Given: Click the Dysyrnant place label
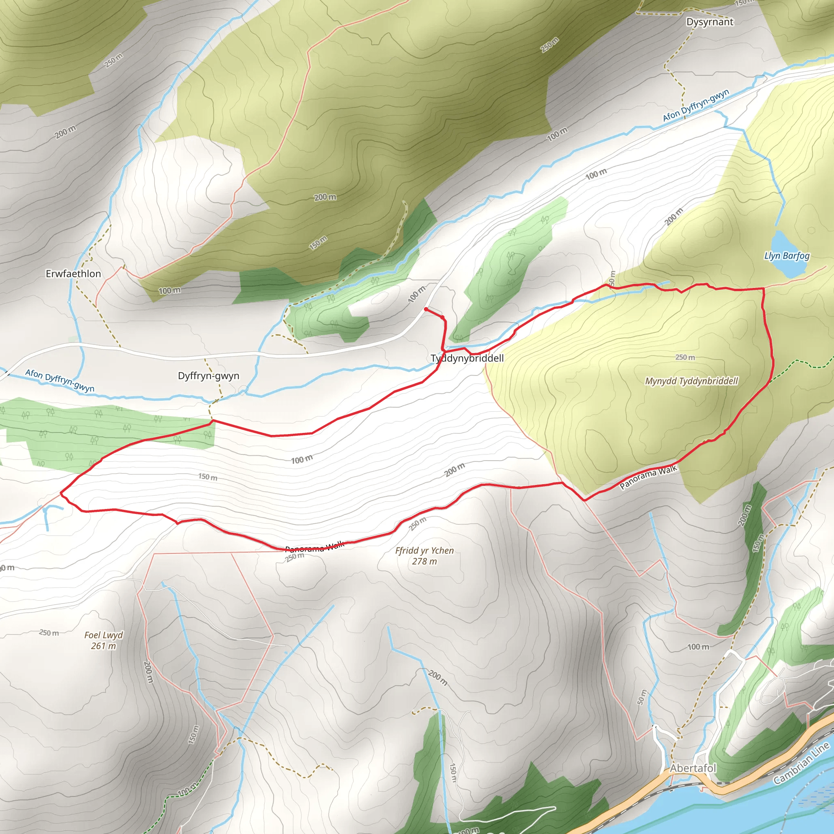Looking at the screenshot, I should coord(710,22).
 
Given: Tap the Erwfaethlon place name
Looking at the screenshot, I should coord(73,274).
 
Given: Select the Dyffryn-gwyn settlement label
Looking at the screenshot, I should coord(208,375).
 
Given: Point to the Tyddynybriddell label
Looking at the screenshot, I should coord(467,358).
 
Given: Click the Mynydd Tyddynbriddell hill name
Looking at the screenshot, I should coord(691,381).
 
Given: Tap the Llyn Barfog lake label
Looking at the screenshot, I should coord(787,256).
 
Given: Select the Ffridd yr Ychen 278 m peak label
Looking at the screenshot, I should coord(424,555).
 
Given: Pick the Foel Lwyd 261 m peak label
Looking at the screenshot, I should coord(103,640).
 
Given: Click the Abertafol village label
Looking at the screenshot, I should coord(693,768).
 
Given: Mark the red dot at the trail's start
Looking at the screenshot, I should coord(426,309).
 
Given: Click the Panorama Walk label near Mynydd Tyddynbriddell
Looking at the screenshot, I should coord(648,477).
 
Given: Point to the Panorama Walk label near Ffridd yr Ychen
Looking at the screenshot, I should coord(315,547).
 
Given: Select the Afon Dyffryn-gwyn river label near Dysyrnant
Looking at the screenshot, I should coord(696,105).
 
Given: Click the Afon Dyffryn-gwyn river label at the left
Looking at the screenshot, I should coord(59,380).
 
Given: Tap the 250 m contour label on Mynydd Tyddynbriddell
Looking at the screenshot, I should coord(685,357).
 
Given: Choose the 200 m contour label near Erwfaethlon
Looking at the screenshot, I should coord(65,132).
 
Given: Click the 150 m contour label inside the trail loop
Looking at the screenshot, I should coord(208,476).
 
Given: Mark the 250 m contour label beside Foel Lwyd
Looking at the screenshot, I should coord(49,632).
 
